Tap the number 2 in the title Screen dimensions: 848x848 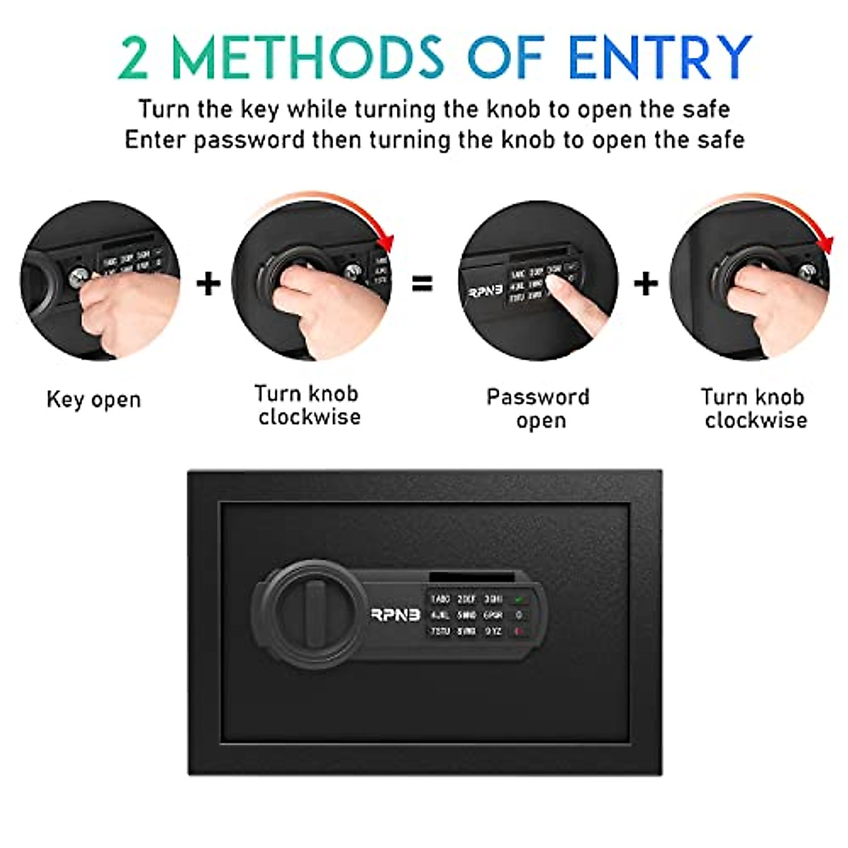coord(134,58)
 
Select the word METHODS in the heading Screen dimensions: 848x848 coord(308,57)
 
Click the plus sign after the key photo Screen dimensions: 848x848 coord(208,284)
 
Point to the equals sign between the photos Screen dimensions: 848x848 coord(422,284)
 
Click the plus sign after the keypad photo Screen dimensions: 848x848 coord(646,284)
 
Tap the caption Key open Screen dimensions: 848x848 coord(93,400)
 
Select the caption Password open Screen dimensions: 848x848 coord(538,408)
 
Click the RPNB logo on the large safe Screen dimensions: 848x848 coord(396,615)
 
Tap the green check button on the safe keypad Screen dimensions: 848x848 coord(520,599)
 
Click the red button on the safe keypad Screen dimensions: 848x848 coord(519,631)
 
